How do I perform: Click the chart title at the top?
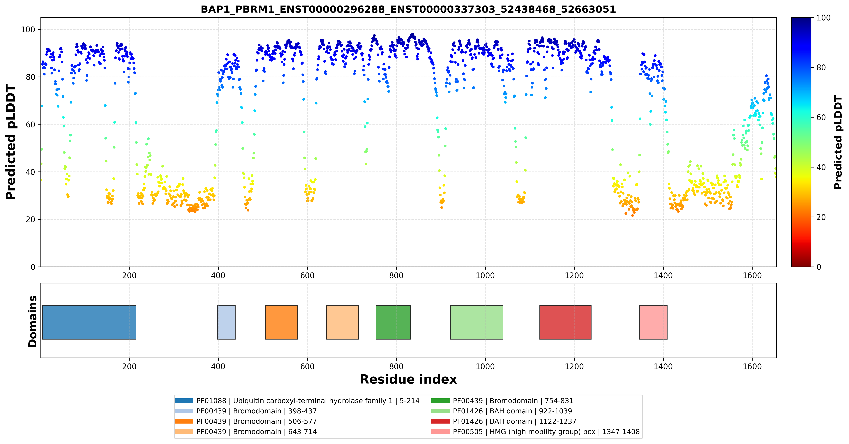(408, 9)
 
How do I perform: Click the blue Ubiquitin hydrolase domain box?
(89, 322)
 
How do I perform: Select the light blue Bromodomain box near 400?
(226, 322)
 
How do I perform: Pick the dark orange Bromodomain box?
(281, 322)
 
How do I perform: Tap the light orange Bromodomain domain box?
(343, 322)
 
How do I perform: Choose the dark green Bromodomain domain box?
(393, 322)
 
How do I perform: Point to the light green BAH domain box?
(477, 322)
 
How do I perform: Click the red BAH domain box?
(565, 322)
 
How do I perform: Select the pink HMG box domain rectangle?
(653, 322)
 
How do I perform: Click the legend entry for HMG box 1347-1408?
(536, 432)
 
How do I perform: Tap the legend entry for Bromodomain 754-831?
(502, 401)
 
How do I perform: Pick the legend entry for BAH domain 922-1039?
(502, 411)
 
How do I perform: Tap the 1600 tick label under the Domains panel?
(752, 366)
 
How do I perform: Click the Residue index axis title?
(408, 379)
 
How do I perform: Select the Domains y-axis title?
(33, 322)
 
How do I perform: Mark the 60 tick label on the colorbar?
(821, 117)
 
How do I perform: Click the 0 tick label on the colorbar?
(819, 267)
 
